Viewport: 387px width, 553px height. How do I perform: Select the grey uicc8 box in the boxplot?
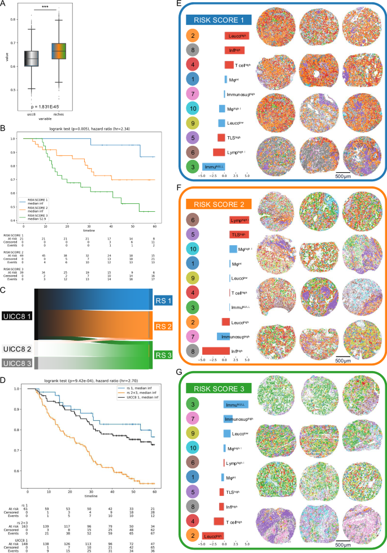(x=33, y=59)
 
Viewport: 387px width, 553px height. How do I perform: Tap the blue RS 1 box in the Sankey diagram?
(x=163, y=302)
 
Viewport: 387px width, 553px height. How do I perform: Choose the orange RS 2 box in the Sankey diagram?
(x=163, y=326)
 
